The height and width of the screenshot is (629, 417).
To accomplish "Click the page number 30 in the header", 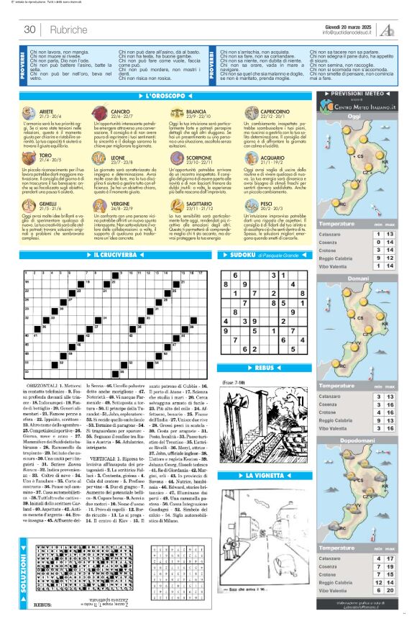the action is [x=30, y=30].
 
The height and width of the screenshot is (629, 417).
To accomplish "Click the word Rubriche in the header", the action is [x=64, y=30].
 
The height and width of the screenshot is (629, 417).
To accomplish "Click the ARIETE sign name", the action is [x=47, y=112].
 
